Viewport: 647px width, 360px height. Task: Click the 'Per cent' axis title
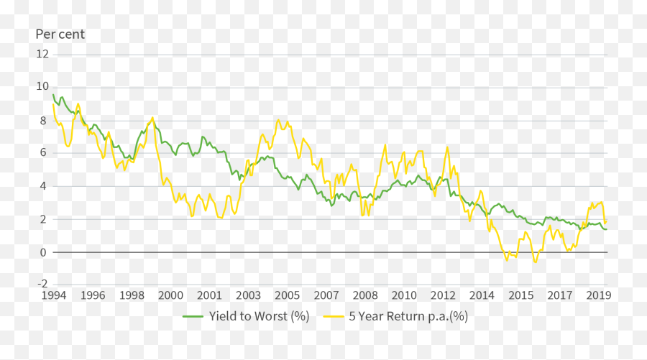60,34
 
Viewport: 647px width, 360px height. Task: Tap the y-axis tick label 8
45,120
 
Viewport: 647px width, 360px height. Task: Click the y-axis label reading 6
45,153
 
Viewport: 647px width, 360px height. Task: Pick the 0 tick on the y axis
45,252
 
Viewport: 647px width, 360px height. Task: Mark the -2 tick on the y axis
42,285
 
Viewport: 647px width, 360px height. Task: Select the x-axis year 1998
132,295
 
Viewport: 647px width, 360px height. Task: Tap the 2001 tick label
209,295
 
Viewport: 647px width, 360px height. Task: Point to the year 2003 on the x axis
248,295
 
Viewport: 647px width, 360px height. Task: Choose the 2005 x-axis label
287,295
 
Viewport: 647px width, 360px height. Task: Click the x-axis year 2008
365,295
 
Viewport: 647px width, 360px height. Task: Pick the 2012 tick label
443,295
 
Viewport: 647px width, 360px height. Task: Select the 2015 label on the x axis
521,295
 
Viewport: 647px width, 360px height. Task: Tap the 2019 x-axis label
599,295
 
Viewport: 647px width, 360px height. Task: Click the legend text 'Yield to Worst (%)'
259,316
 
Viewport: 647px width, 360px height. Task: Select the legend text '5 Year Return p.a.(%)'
408,316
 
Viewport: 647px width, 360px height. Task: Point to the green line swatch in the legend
193,316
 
